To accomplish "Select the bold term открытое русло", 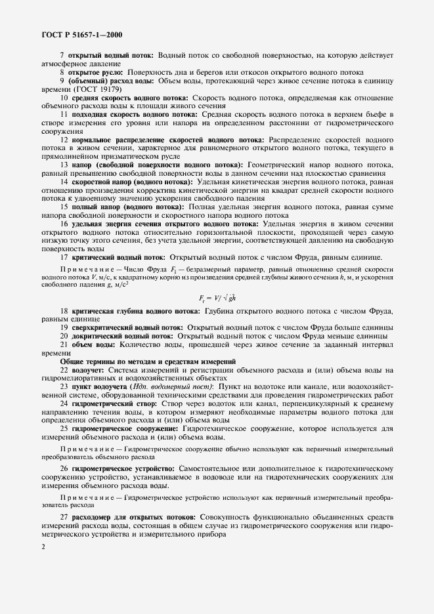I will [x=95, y=72].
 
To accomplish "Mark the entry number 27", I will [x=64, y=518].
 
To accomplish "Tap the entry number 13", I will [x=64, y=164].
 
